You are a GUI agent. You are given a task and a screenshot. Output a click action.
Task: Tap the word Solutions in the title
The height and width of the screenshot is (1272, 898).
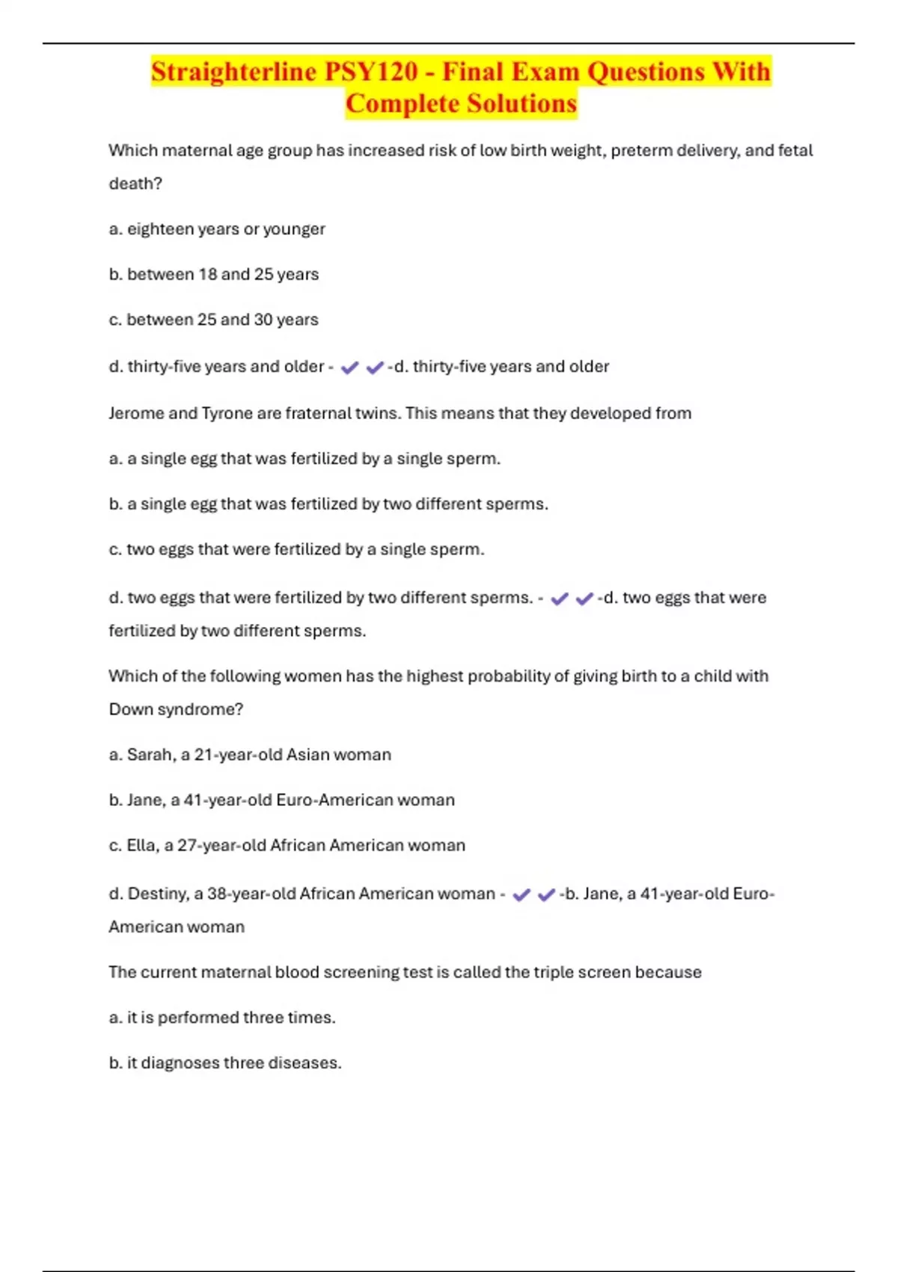(514, 103)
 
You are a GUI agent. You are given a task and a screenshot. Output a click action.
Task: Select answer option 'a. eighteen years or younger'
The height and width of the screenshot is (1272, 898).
(217, 229)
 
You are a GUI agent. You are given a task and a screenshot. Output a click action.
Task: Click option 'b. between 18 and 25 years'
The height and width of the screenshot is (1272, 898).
(214, 275)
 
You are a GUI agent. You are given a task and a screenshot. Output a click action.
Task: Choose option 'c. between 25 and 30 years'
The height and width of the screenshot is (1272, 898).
(214, 319)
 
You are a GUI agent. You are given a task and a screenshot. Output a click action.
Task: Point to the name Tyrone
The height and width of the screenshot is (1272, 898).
(227, 413)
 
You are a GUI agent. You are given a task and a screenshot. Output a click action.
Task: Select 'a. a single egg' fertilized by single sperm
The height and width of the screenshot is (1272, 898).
(305, 459)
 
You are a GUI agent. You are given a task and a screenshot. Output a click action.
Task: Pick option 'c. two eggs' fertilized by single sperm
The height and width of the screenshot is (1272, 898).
(297, 549)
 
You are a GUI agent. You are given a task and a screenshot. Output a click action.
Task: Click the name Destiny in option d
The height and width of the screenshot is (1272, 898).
(156, 894)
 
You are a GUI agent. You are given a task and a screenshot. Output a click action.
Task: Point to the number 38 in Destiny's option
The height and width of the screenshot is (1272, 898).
(217, 894)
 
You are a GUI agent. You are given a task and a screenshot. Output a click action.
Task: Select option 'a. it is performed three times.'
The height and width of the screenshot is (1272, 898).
(222, 1018)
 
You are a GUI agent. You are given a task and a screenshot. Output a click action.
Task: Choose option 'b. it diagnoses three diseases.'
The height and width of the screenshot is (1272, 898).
(225, 1063)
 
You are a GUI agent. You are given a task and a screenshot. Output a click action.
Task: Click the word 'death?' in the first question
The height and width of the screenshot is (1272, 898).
(135, 184)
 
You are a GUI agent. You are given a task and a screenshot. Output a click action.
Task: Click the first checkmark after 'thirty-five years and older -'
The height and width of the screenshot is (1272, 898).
(349, 367)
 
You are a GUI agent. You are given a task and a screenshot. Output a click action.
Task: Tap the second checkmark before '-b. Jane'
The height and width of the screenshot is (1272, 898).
(546, 894)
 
